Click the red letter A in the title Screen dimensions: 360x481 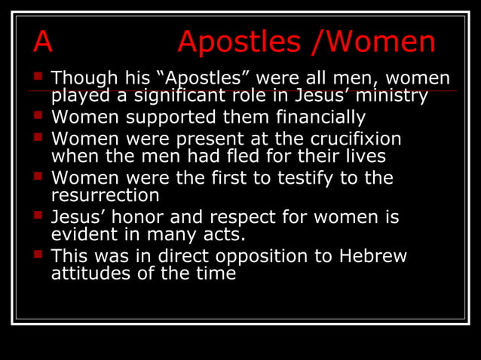pyautogui.click(x=43, y=43)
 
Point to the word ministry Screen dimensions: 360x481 pyautogui.click(x=393, y=96)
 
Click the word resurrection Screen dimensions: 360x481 pyautogui.click(x=105, y=196)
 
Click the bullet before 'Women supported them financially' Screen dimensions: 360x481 pyautogui.click(x=38, y=116)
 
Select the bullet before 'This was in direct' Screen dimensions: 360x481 pyautogui.click(x=38, y=255)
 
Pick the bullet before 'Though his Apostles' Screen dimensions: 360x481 pyautogui.click(x=38, y=76)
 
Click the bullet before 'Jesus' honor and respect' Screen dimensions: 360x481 pyautogui.click(x=38, y=215)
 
